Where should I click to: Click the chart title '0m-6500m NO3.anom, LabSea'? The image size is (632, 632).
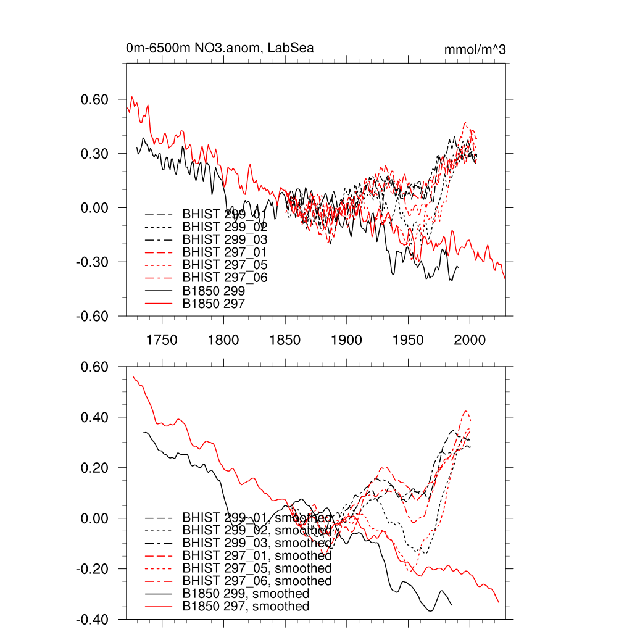pyautogui.click(x=220, y=48)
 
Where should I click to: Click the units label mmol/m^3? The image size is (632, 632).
pyautogui.click(x=475, y=50)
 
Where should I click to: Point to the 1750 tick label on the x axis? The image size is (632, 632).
pyautogui.click(x=162, y=341)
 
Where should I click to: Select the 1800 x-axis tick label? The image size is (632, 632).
pyautogui.click(x=223, y=341)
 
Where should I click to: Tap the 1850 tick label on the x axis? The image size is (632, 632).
pyautogui.click(x=285, y=341)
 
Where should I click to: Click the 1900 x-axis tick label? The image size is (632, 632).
pyautogui.click(x=346, y=341)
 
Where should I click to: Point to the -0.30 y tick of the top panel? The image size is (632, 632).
pyautogui.click(x=94, y=262)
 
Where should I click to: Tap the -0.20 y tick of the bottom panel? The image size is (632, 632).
pyautogui.click(x=94, y=568)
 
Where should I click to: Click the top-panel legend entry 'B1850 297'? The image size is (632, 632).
pyautogui.click(x=214, y=303)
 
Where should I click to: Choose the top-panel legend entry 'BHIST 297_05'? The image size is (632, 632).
pyautogui.click(x=225, y=265)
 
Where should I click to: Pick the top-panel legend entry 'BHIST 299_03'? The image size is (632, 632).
pyautogui.click(x=225, y=239)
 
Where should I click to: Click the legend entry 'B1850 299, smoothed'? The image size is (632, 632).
pyautogui.click(x=246, y=594)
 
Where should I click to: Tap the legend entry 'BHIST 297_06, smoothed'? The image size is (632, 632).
pyautogui.click(x=257, y=581)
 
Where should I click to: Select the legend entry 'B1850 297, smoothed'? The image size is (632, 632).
pyautogui.click(x=246, y=607)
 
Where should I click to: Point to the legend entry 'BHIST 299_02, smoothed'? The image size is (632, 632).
pyautogui.click(x=257, y=530)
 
